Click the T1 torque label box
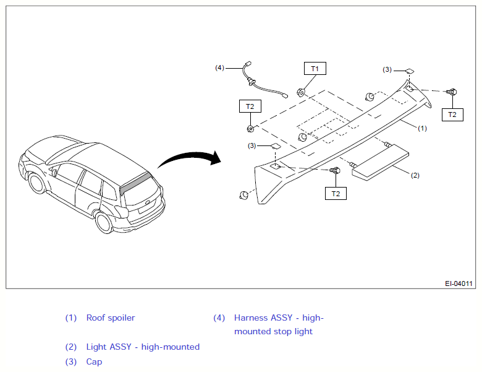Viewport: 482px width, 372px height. point(315,68)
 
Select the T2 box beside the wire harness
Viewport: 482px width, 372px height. point(250,106)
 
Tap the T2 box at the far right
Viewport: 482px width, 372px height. point(452,115)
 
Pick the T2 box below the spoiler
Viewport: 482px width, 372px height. point(336,193)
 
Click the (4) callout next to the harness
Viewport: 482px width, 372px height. point(219,67)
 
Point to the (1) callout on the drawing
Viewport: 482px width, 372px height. point(422,128)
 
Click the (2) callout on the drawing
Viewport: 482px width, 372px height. point(415,175)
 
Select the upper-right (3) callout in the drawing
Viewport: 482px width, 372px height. point(387,69)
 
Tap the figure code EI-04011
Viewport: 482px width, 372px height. point(459,283)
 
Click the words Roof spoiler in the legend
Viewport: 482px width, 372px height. point(111,318)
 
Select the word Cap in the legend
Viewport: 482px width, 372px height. point(94,362)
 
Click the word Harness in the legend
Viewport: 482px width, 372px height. point(247,318)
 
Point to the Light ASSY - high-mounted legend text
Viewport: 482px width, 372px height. point(143,347)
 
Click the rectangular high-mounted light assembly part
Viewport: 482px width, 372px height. point(380,162)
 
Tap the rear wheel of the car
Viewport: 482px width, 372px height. point(104,222)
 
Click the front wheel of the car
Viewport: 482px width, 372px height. point(38,183)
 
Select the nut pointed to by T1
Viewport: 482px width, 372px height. point(301,92)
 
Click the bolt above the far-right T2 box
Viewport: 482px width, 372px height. point(452,92)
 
